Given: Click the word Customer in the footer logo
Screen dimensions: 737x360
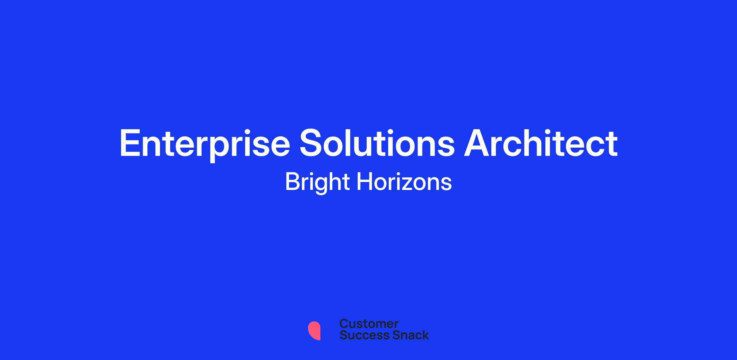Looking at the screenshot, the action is [369, 324].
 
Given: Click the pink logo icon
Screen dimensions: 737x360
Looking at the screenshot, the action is [314, 331].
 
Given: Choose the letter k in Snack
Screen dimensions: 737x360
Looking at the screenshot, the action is [425, 335].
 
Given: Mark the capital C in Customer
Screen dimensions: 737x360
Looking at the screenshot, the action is [344, 324].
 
